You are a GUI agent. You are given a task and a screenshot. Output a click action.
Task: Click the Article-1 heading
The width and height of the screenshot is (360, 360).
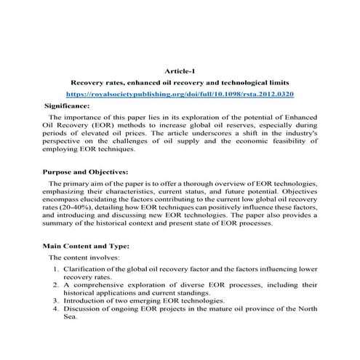[x=180, y=71]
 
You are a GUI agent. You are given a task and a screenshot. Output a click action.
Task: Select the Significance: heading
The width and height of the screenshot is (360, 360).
[x=68, y=105]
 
